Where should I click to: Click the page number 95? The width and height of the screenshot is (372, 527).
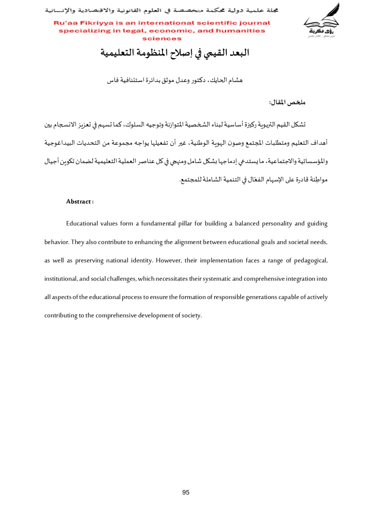[186, 492]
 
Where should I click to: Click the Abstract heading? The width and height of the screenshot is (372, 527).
[80, 202]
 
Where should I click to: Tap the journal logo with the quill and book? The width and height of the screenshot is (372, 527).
[321, 20]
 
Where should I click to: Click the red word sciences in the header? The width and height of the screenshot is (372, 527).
[162, 39]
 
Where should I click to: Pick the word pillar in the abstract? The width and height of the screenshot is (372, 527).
[185, 224]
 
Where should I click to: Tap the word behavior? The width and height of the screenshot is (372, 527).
[57, 242]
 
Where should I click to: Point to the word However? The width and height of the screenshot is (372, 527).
[169, 261]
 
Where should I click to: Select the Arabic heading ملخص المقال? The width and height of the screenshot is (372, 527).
[287, 102]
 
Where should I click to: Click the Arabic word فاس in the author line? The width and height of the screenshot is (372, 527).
[113, 80]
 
